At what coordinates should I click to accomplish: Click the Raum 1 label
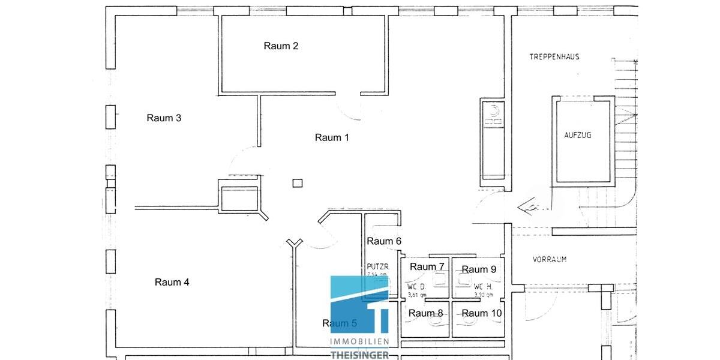coord(332,137)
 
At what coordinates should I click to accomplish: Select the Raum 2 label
coord(281,46)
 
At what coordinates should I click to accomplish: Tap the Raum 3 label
coord(164,118)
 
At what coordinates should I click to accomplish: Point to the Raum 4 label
coord(172,282)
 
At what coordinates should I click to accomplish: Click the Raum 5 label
coord(340,323)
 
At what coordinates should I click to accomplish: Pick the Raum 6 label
coord(384,241)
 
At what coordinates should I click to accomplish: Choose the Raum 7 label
coord(427,266)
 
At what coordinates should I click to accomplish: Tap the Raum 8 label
coord(426,313)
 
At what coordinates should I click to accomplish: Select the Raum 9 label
coord(479,269)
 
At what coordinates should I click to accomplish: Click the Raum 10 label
coord(482,313)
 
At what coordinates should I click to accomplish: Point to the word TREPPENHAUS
coord(554,57)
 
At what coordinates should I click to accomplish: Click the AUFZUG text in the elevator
coord(578,136)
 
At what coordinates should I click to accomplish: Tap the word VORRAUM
coord(550,260)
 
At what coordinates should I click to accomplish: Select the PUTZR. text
coord(379,266)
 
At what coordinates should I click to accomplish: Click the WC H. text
coord(483,286)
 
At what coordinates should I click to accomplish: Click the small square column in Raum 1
coord(298,184)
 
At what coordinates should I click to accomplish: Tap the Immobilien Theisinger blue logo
coord(360,312)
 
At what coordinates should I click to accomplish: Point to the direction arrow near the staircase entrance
coord(532,206)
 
